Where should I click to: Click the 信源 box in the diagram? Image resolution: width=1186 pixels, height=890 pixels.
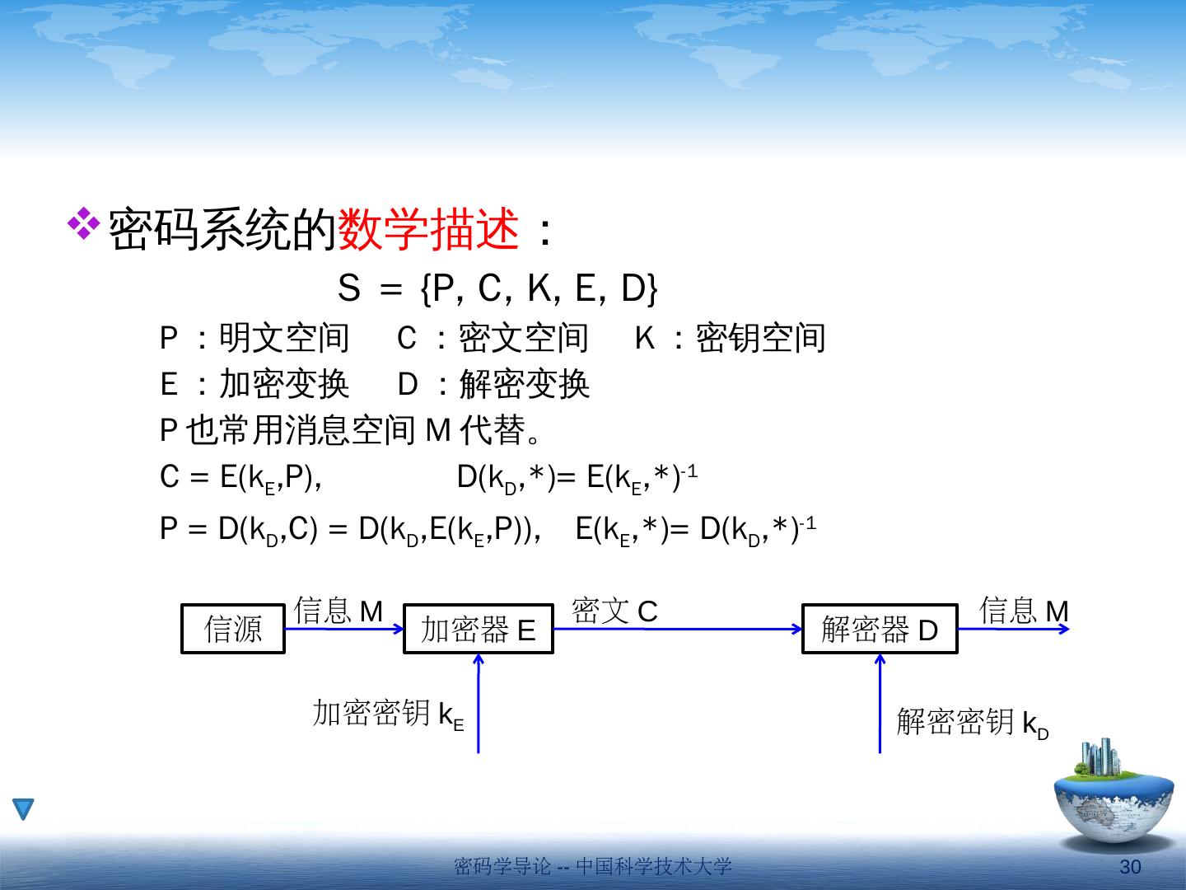tap(233, 630)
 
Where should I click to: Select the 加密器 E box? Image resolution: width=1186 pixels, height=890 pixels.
tap(478, 630)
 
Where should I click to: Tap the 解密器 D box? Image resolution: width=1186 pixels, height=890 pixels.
tap(880, 630)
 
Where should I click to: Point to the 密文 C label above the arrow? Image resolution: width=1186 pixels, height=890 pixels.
tap(614, 611)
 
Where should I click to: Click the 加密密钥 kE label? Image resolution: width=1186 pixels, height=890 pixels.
tap(388, 714)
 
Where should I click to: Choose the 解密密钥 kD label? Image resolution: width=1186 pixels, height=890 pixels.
tap(972, 722)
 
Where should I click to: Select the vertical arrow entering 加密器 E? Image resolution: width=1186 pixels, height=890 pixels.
tap(478, 705)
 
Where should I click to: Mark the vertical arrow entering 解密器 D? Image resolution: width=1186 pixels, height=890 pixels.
tap(880, 705)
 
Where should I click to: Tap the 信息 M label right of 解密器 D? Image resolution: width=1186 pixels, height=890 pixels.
tap(1024, 611)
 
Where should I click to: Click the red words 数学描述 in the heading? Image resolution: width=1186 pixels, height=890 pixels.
tap(428, 230)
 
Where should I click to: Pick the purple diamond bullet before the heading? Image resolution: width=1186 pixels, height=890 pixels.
tap(83, 224)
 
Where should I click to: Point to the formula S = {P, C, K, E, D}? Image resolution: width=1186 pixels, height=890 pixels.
tap(497, 288)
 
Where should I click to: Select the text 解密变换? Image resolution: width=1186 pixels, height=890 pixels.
tap(524, 384)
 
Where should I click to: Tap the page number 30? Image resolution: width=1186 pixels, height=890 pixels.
tap(1131, 867)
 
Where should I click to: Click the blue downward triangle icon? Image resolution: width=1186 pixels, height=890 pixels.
tap(24, 809)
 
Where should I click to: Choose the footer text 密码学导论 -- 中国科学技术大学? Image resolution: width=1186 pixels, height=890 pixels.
tap(593, 866)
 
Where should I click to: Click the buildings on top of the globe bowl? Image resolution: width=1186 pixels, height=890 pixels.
tap(1100, 759)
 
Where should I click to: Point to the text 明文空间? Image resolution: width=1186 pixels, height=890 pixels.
tap(284, 338)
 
